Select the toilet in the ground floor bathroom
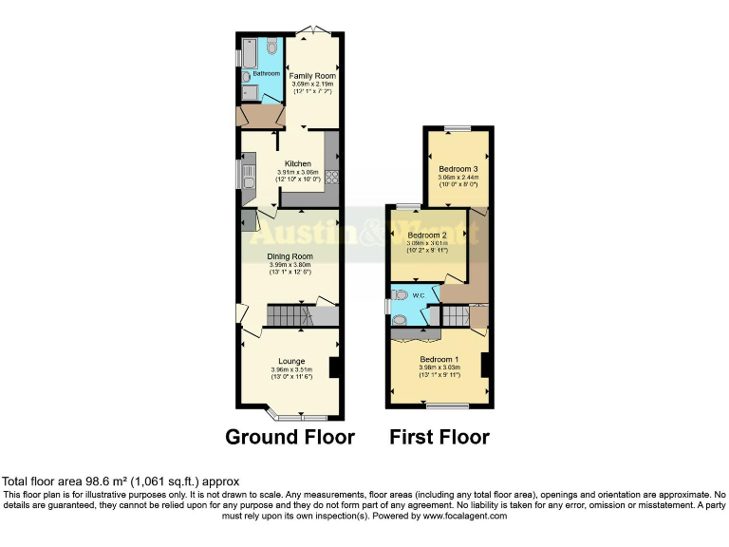pos(272,45)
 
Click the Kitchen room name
pos(290,163)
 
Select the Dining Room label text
pos(290,256)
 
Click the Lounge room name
pos(290,361)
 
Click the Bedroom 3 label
pos(458,169)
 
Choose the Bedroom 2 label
pos(426,235)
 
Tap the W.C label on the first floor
pos(417,294)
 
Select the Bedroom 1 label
pos(439,359)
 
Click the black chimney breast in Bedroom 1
pos(484,365)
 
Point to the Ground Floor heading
pos(290,437)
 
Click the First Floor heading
pos(439,437)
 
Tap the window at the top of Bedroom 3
pos(458,128)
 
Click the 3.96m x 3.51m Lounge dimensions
pos(290,369)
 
